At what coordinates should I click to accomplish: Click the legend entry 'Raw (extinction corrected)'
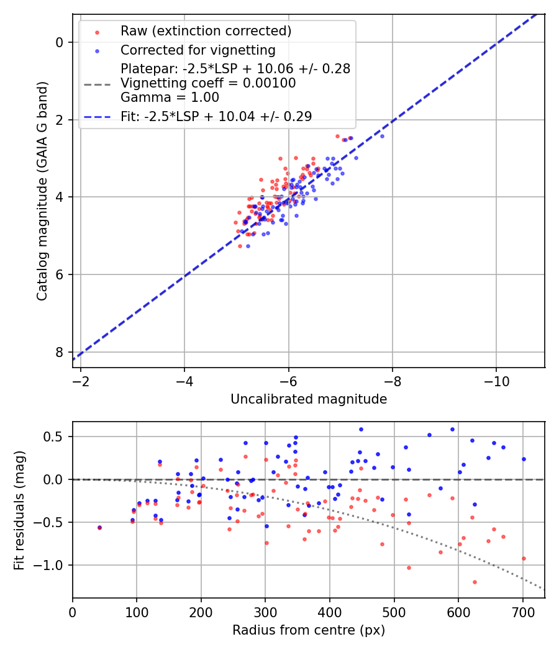click(206, 31)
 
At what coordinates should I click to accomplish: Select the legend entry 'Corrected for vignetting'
click(198, 50)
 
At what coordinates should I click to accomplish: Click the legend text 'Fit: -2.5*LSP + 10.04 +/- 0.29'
click(216, 116)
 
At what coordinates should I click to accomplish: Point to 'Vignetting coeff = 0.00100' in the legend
click(208, 83)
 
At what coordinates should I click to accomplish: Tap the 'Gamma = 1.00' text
click(170, 97)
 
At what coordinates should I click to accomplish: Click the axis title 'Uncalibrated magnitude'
click(309, 399)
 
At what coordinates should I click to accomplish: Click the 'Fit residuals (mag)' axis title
click(19, 510)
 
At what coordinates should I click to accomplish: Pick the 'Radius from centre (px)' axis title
click(309, 630)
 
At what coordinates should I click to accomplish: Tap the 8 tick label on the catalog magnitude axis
click(60, 352)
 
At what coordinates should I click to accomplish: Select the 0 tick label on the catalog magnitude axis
click(60, 42)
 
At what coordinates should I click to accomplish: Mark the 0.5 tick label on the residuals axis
click(53, 437)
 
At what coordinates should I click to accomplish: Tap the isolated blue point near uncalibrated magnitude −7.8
click(382, 136)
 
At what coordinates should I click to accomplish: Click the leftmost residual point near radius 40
click(99, 527)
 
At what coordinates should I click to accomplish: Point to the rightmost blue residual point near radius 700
click(524, 459)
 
